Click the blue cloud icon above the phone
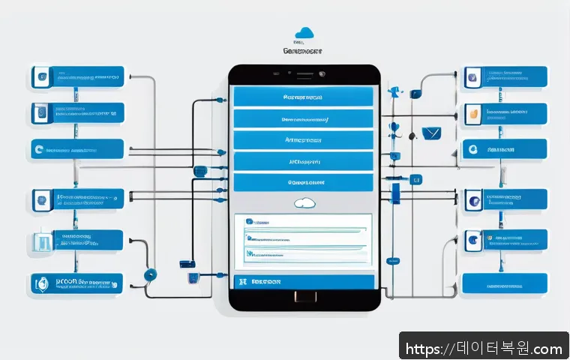(304, 32)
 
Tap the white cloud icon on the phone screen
(304, 202)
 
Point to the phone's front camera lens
(322, 74)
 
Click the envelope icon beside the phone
(430, 133)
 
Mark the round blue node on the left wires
(150, 274)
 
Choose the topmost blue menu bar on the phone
(303, 97)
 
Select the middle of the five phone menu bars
(303, 139)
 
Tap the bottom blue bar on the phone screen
(303, 282)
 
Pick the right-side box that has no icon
(504, 283)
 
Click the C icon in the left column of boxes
(39, 151)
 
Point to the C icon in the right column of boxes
(472, 150)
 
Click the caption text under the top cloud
(304, 51)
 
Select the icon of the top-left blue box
(41, 76)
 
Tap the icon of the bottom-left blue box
(42, 283)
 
